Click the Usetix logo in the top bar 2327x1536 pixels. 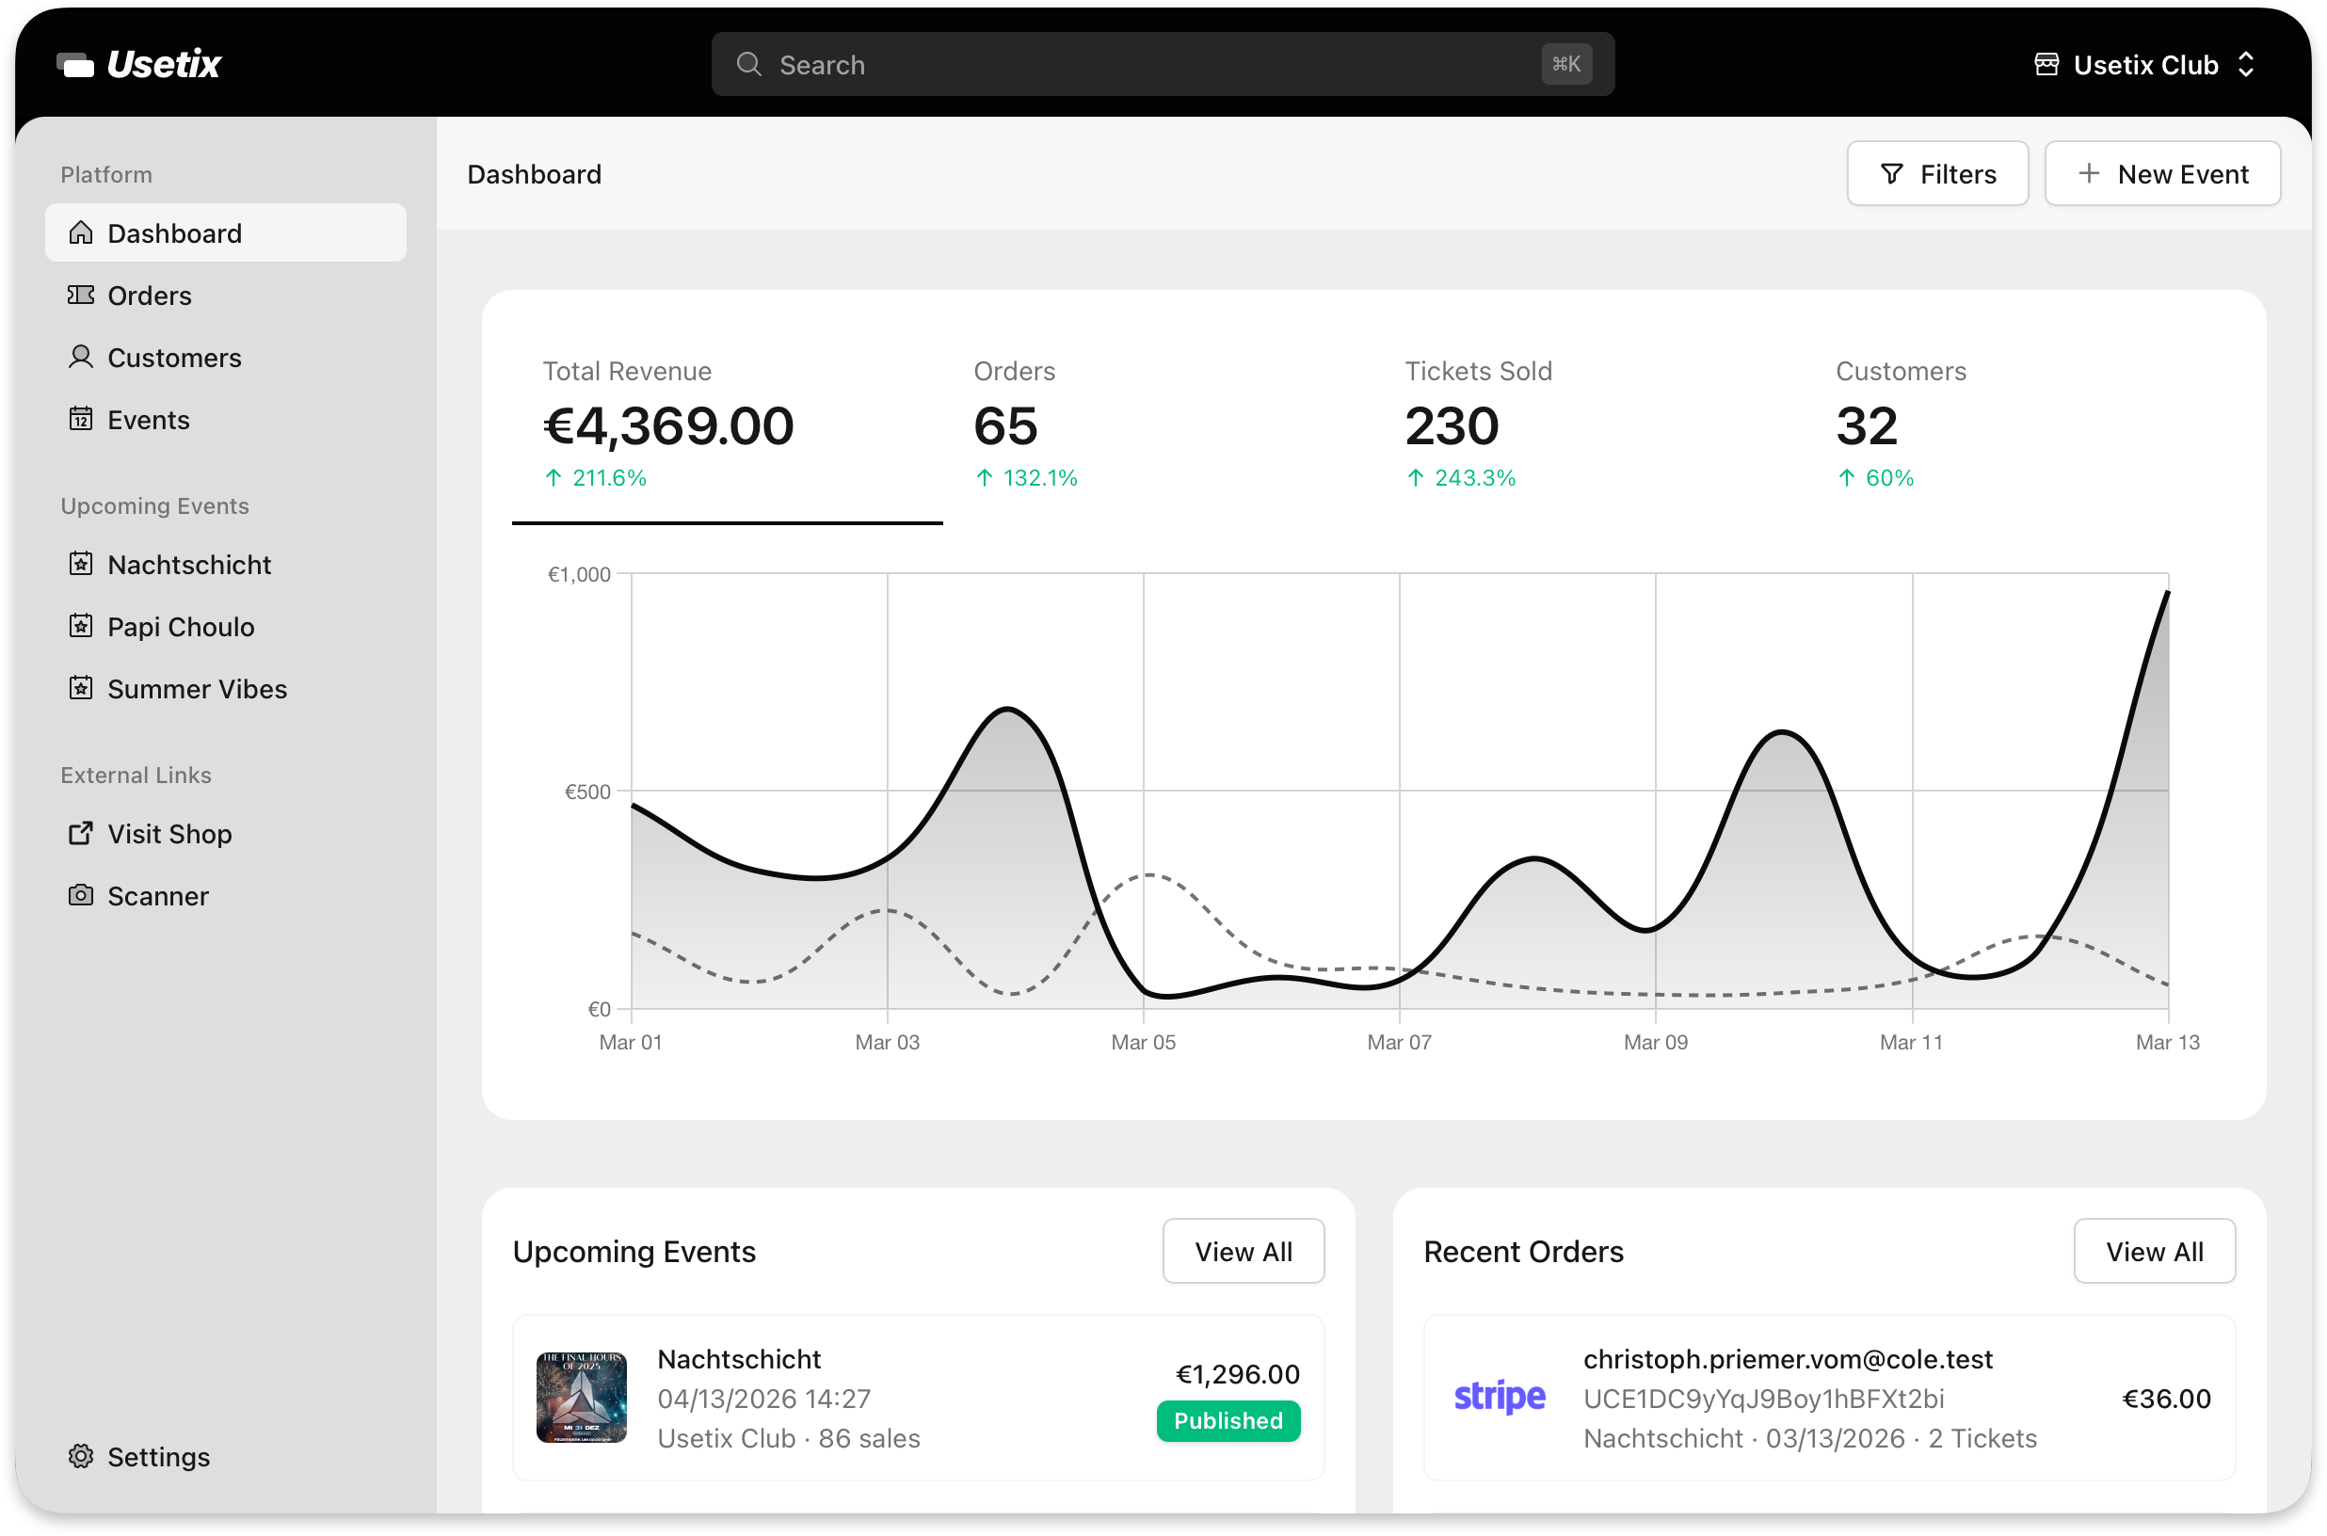139,65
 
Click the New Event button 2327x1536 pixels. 2161,173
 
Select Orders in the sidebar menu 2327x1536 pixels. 149,295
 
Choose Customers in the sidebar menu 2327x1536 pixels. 173,358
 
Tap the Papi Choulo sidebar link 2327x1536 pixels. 181,627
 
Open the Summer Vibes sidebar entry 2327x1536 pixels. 196,689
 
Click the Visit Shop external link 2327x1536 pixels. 169,834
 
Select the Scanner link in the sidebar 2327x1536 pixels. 157,895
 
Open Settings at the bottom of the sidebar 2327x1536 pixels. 158,1457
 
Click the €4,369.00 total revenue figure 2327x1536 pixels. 668,426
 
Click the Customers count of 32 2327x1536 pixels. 1866,426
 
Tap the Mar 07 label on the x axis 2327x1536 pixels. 1398,1042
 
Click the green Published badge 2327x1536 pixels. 1228,1420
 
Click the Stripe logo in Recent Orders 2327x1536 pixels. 1498,1397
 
